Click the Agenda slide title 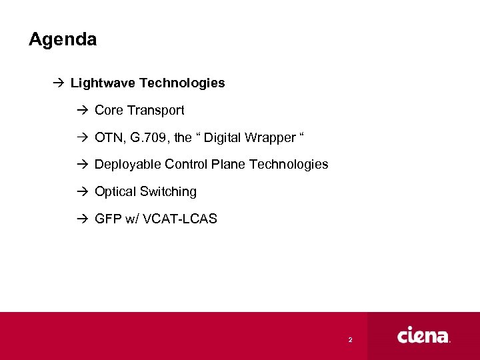(x=63, y=39)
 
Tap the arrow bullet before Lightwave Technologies (x=58, y=83)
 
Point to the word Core (x=109, y=110)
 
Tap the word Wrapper (x=271, y=137)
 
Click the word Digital (x=225, y=137)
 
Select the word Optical (x=115, y=191)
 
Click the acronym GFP (x=108, y=219)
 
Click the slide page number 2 (x=350, y=340)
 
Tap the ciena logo (x=424, y=335)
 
